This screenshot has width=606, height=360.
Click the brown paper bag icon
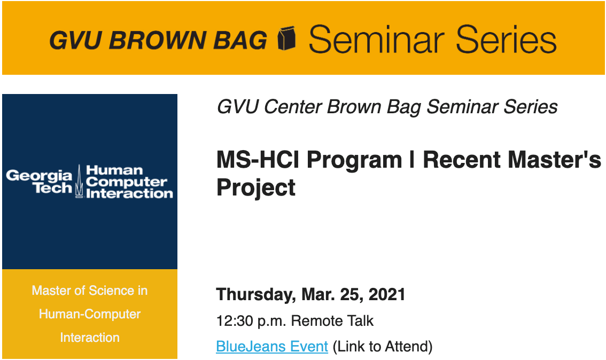pyautogui.click(x=287, y=38)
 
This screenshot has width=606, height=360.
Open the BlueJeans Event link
pyautogui.click(x=272, y=347)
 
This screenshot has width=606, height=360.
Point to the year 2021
pyautogui.click(x=387, y=294)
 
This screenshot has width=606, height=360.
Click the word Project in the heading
pyautogui.click(x=256, y=188)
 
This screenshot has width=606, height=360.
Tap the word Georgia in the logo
pyautogui.click(x=39, y=176)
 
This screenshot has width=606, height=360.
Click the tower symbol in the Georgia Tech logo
pyautogui.click(x=79, y=181)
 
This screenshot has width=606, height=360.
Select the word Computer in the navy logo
pyautogui.click(x=127, y=182)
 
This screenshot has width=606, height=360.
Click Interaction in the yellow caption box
pyautogui.click(x=90, y=338)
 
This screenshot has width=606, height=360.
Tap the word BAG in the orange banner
pyautogui.click(x=240, y=40)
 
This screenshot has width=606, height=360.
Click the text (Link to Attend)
pyautogui.click(x=383, y=347)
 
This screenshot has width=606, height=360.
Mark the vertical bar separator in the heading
pyautogui.click(x=413, y=160)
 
